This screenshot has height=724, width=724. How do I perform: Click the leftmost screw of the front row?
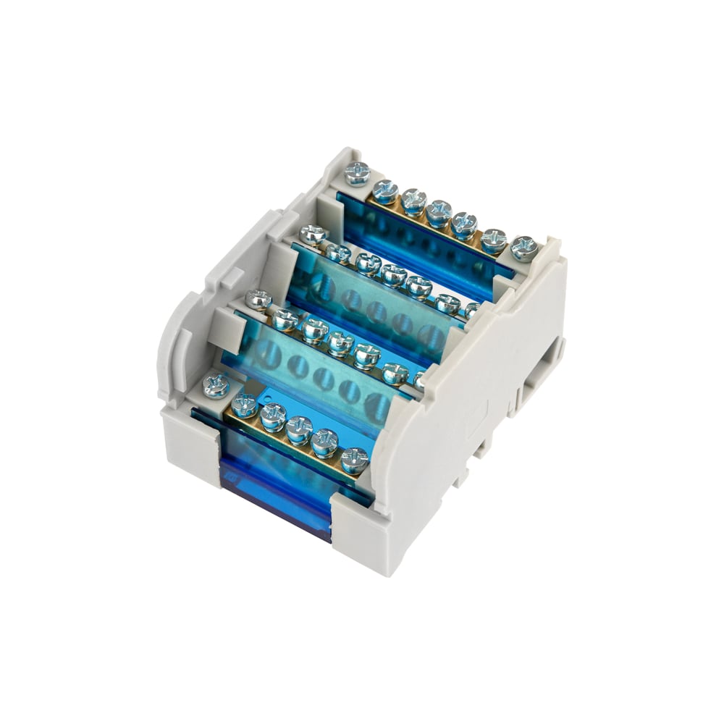click(x=216, y=386)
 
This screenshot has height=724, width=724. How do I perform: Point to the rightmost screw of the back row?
click(x=523, y=248)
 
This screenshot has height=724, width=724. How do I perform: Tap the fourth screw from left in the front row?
click(x=299, y=429)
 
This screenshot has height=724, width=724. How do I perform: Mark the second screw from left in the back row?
click(x=385, y=191)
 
